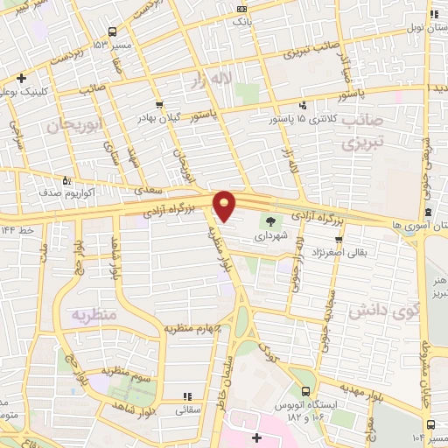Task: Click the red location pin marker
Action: point(225,206)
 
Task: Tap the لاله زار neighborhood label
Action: point(229,80)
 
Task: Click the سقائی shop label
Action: point(188,409)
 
